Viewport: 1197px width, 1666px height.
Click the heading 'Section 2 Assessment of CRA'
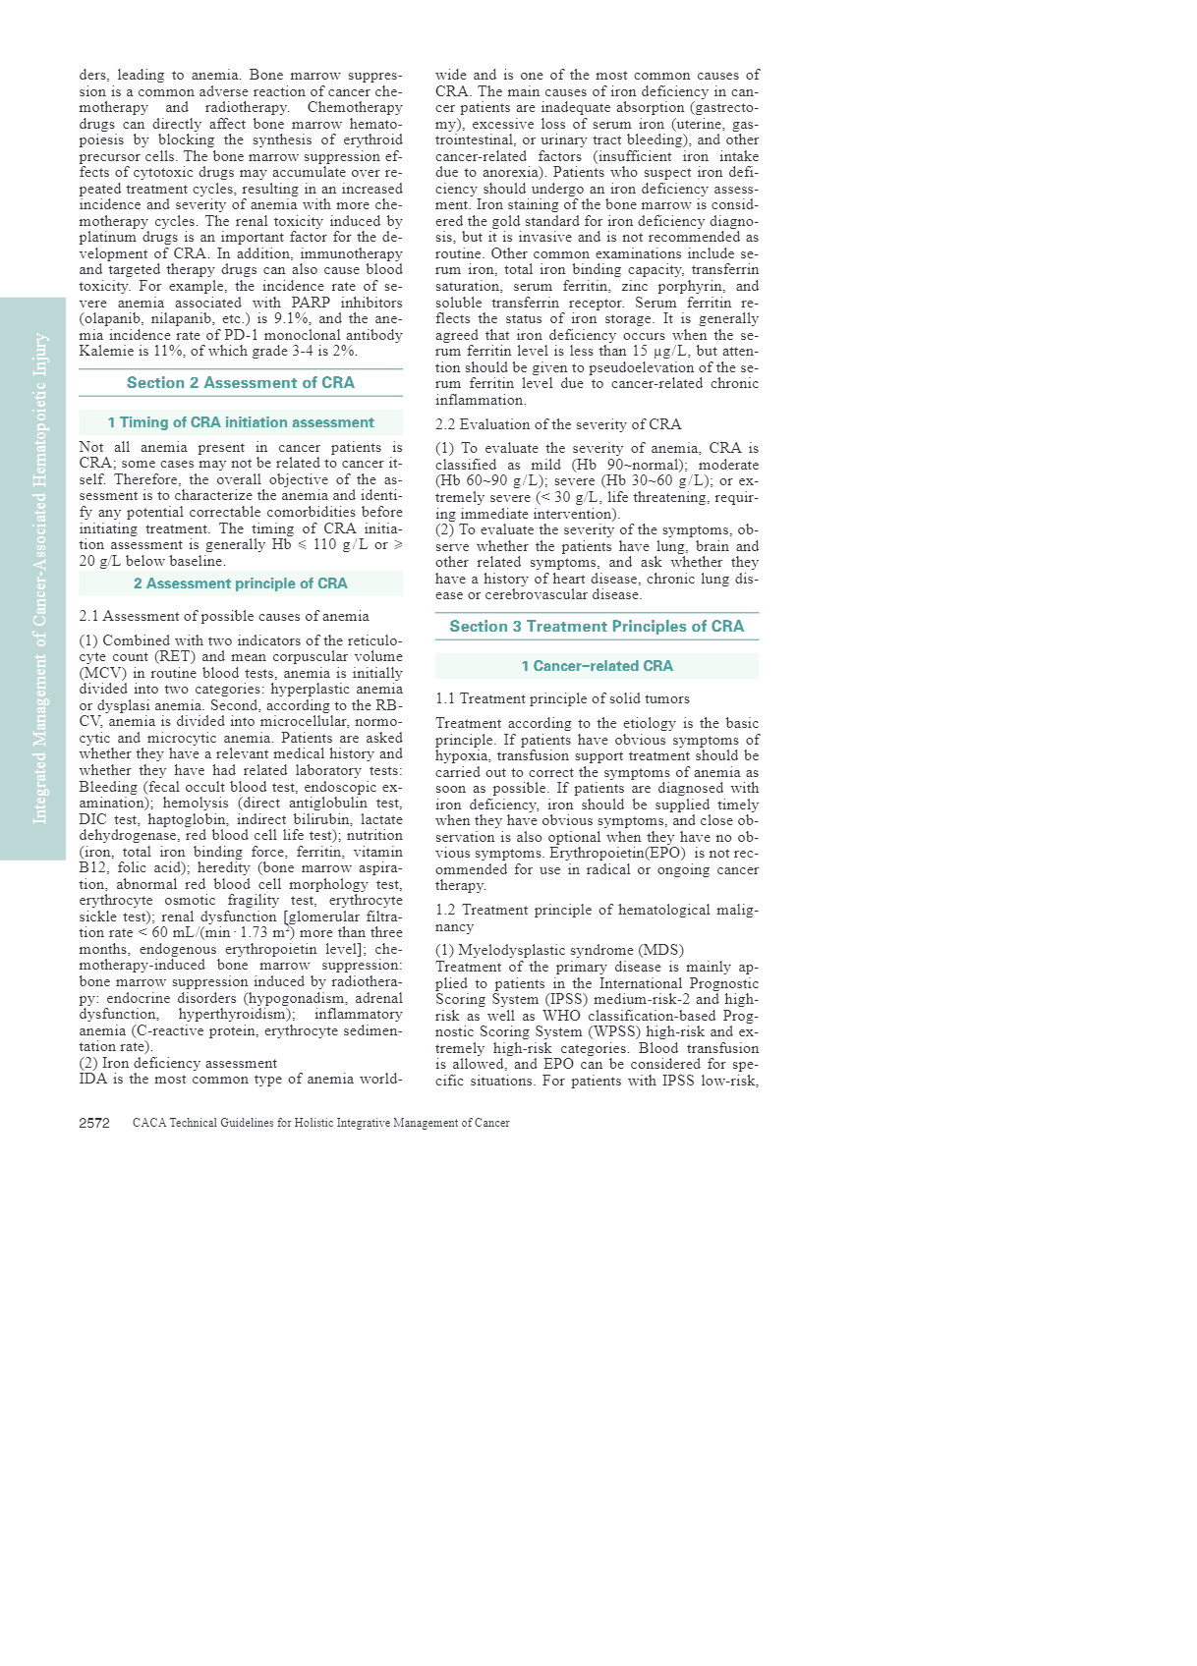click(x=240, y=383)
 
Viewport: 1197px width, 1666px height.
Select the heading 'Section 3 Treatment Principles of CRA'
click(x=597, y=627)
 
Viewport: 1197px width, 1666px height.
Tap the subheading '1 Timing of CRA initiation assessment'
click(x=241, y=422)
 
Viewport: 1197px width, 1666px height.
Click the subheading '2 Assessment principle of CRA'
click(x=241, y=583)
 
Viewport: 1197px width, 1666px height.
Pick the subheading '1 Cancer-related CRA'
click(x=597, y=666)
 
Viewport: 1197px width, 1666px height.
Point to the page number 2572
click(x=94, y=1123)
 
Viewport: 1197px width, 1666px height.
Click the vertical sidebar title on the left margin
click(x=40, y=579)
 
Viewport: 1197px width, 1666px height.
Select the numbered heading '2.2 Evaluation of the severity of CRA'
click(x=558, y=424)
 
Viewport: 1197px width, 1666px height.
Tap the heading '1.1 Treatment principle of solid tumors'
click(x=562, y=698)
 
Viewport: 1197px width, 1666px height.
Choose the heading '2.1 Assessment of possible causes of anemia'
click(x=224, y=616)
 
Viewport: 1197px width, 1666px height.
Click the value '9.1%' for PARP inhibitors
click(x=293, y=318)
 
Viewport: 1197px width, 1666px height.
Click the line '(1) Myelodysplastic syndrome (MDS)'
click(x=559, y=950)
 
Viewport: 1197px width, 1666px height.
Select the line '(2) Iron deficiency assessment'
click(x=178, y=1063)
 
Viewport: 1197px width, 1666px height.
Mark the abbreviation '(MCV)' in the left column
click(x=100, y=673)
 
